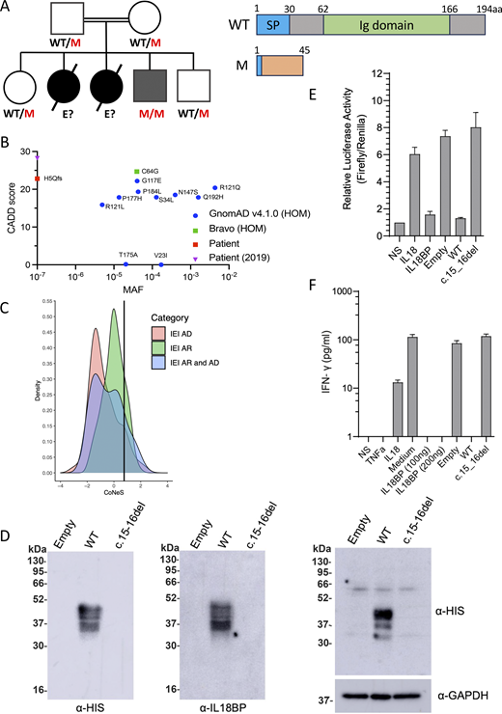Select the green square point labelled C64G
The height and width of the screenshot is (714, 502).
tap(137, 172)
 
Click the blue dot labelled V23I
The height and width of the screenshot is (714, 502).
tap(161, 264)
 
